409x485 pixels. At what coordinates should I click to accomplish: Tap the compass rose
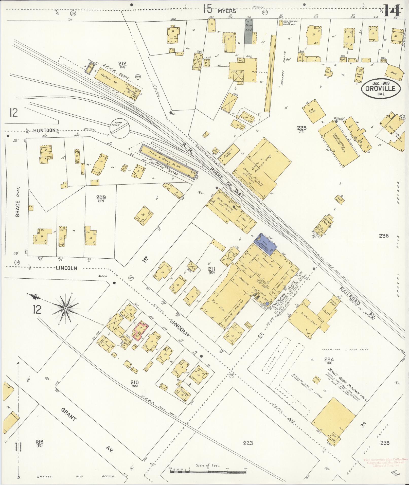[x=66, y=308]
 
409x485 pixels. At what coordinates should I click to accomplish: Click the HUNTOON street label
[x=44, y=130]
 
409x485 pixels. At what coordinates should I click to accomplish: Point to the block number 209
[x=101, y=197]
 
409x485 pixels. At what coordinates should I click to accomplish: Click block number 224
[x=329, y=359]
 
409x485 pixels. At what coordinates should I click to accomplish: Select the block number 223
[x=248, y=443]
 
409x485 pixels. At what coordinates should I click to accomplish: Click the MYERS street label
[x=226, y=11]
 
